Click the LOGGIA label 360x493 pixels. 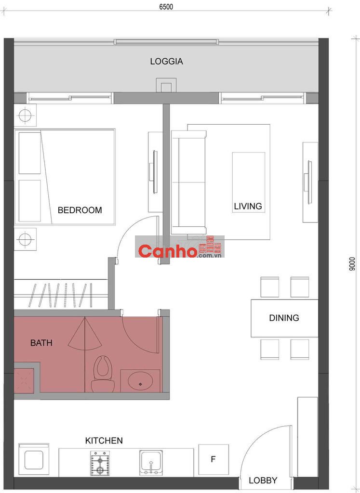[x=166, y=61]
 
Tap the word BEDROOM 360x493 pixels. [x=80, y=210]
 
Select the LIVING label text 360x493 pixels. [x=248, y=206]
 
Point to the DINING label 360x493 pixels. [x=284, y=318]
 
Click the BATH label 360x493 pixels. [x=41, y=343]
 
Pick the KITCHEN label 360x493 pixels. [x=104, y=441]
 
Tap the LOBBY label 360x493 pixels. [x=263, y=480]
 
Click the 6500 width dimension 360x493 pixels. [x=166, y=7]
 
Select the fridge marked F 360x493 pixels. [x=213, y=459]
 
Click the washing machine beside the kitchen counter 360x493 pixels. [x=34, y=460]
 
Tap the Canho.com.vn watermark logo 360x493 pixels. [x=180, y=247]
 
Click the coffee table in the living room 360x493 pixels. [x=249, y=182]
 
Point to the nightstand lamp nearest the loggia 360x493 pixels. [x=25, y=116]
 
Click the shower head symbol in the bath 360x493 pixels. [x=85, y=335]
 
